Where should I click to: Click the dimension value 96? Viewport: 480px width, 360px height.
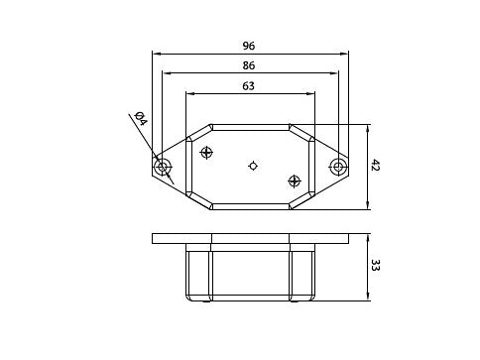tap(249, 46)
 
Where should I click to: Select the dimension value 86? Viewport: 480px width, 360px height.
tap(249, 65)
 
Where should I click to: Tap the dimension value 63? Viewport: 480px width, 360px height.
tap(249, 86)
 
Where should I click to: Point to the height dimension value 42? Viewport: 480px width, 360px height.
tap(375, 165)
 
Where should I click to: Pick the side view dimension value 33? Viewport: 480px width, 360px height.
tap(375, 265)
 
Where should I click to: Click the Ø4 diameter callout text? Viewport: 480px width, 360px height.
tap(141, 119)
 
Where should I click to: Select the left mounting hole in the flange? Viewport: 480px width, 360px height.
tap(162, 167)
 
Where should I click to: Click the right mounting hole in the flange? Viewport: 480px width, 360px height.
tap(338, 167)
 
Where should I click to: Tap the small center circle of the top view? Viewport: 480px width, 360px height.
tap(253, 166)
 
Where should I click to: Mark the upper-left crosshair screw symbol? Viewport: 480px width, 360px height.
tap(206, 153)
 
